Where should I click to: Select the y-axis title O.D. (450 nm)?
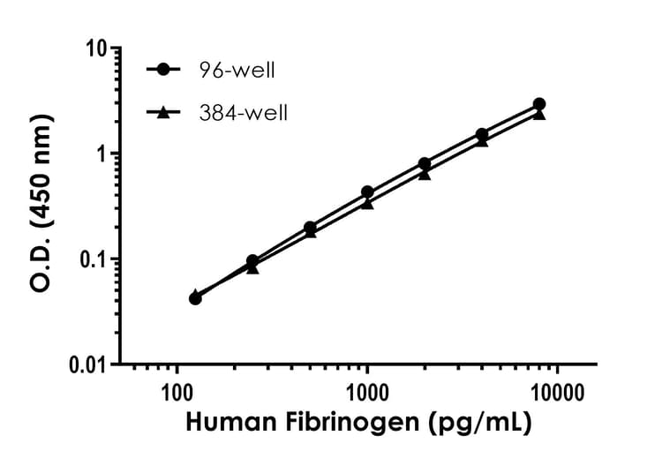coord(40,206)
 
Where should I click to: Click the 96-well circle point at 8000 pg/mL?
coord(539,104)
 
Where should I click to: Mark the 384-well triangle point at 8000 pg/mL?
coord(539,114)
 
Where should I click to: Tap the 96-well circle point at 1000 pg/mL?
coord(367,191)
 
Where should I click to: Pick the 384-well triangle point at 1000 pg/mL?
coord(367,203)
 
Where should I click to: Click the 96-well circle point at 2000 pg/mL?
coord(425,163)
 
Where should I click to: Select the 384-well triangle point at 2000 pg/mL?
coord(425,174)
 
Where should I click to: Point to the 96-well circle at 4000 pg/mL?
coord(482,134)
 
